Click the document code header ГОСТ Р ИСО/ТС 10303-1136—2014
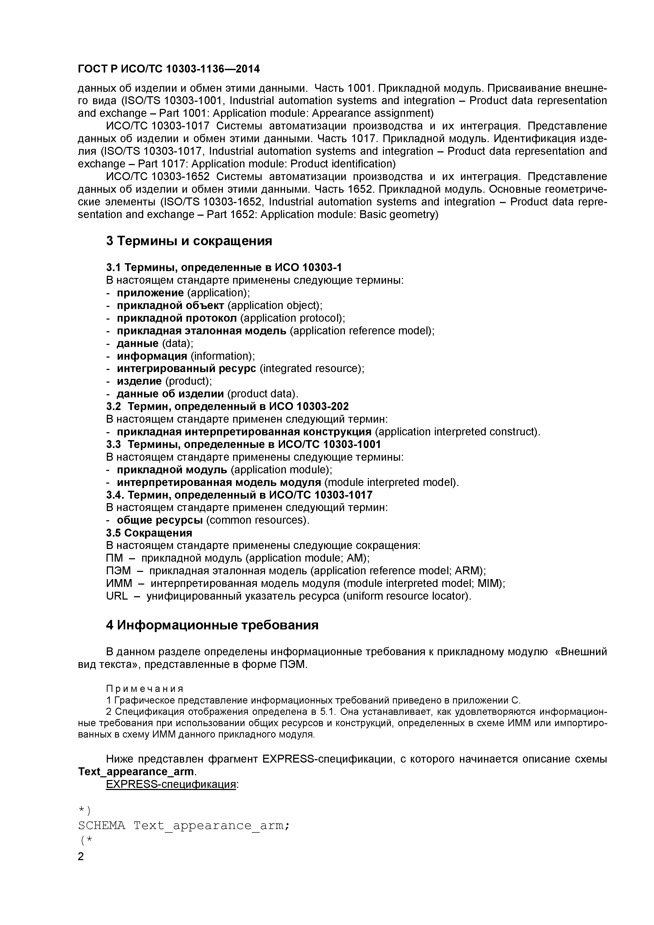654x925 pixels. [x=169, y=69]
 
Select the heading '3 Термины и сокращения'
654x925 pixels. [x=189, y=241]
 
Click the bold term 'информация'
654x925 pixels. [x=152, y=356]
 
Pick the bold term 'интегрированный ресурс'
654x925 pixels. [x=186, y=369]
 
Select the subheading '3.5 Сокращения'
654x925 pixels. [x=149, y=533]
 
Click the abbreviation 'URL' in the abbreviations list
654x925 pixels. [x=117, y=596]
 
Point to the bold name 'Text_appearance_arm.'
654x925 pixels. [x=137, y=772]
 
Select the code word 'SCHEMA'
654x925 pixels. [x=102, y=826]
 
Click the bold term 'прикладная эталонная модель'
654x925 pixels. [x=201, y=331]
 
